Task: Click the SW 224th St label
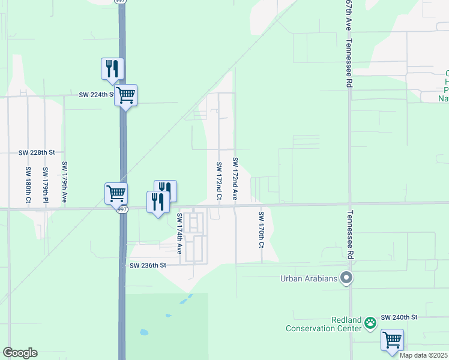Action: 97,95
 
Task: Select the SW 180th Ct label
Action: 28,185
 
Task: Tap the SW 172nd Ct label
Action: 219,181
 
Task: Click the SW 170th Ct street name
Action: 261,229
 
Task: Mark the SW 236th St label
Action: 147,265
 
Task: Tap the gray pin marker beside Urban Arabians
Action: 346,278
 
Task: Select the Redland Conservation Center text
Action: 324,324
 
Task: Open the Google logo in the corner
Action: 20,353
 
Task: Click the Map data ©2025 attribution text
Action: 423,355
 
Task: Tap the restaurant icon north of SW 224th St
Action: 112,69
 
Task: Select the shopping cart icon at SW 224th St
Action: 125,95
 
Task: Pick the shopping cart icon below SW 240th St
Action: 392,340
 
